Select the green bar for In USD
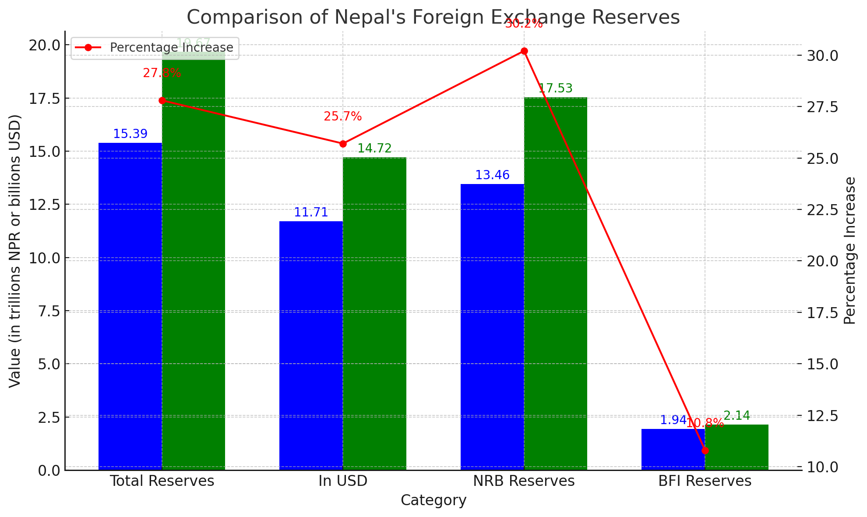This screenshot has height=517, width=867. click(x=374, y=313)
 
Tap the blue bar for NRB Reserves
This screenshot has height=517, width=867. click(x=492, y=326)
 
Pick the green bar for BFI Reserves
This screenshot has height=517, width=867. click(x=737, y=447)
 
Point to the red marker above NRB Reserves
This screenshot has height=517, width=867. click(x=524, y=51)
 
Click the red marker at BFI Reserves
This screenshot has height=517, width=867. click(x=705, y=450)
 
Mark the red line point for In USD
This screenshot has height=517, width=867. click(x=343, y=144)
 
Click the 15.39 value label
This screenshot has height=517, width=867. click(x=130, y=134)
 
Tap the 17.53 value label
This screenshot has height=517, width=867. click(x=555, y=89)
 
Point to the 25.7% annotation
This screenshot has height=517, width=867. click(x=343, y=117)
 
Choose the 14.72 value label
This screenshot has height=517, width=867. click(x=374, y=149)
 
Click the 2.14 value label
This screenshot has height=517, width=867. click(x=737, y=416)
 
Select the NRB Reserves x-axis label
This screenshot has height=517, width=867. click(x=524, y=481)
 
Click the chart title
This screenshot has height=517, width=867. click(x=433, y=18)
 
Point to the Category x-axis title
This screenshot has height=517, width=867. click(x=433, y=500)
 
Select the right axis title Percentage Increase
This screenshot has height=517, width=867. click(x=849, y=250)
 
